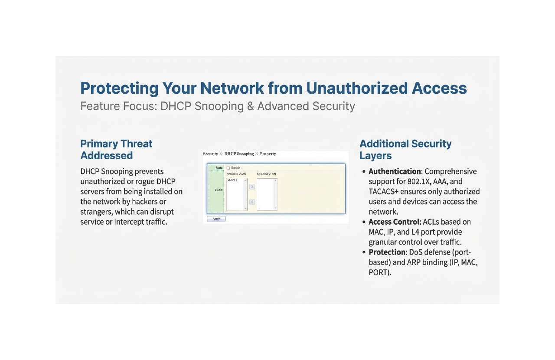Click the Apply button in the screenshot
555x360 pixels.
[x=216, y=219]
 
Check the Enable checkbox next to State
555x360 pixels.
[x=229, y=168]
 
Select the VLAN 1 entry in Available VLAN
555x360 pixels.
[x=232, y=180]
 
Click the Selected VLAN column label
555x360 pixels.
[x=266, y=174]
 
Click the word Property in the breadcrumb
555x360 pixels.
[x=268, y=154]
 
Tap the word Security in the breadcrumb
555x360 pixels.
[x=210, y=154]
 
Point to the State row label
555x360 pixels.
[x=219, y=168]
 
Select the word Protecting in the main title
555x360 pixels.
[x=119, y=88]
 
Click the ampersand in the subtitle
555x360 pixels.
[x=250, y=106]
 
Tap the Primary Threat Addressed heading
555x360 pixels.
[x=116, y=150]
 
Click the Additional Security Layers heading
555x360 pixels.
[x=405, y=150]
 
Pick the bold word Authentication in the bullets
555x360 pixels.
[x=395, y=171]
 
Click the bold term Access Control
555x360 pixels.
[x=394, y=222]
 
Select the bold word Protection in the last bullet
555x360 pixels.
[x=388, y=252]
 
